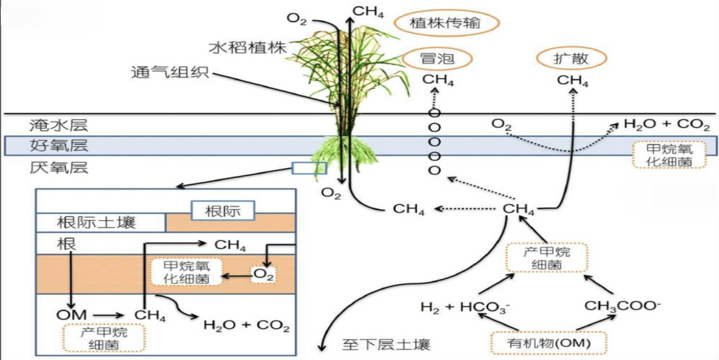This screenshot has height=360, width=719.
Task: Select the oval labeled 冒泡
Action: [437, 59]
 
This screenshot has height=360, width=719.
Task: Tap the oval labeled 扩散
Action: [572, 59]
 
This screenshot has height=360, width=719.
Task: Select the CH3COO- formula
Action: [623, 305]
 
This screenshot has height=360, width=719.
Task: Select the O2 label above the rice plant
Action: [296, 19]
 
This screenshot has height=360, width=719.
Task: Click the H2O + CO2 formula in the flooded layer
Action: [666, 125]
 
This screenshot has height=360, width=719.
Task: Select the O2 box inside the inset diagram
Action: [264, 275]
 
